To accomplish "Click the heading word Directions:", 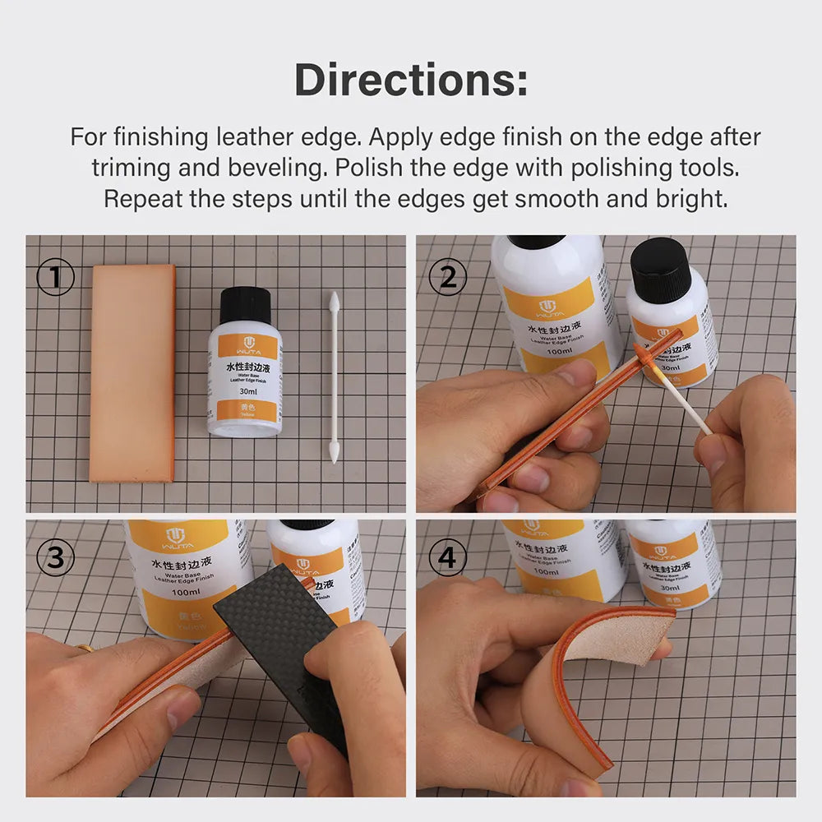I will (411, 80).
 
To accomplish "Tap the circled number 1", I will (55, 279).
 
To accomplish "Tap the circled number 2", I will (447, 279).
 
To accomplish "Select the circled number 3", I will (55, 559).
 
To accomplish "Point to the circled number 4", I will (447, 559).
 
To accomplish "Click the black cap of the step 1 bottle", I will (245, 305).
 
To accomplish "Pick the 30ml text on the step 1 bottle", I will (245, 392).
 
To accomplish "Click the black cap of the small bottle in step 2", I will (661, 268).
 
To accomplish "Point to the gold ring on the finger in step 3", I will (84, 648).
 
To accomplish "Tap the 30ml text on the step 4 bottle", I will (670, 589).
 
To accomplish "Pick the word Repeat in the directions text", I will (136, 199).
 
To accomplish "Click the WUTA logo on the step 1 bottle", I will (245, 344).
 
